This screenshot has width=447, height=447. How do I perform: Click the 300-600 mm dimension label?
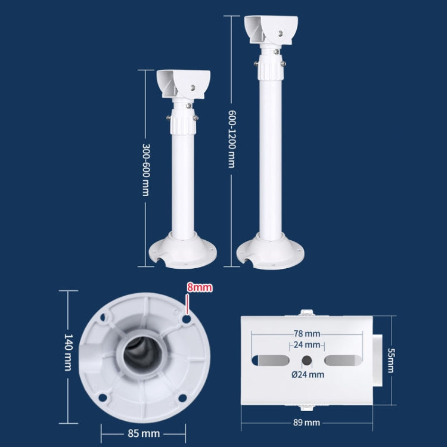[146, 169]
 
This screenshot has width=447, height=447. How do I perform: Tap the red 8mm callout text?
[199, 287]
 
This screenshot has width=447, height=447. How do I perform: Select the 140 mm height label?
[68, 352]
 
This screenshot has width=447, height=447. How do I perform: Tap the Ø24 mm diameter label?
[308, 374]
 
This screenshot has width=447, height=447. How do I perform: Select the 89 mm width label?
[308, 422]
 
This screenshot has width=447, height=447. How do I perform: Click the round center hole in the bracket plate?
[306, 360]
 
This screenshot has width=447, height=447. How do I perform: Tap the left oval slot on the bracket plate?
[272, 360]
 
